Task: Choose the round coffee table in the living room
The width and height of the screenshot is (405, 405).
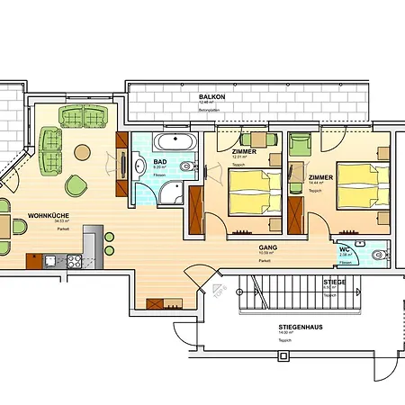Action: pos(82,152)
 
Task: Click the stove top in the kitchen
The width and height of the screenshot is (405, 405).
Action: pos(71,261)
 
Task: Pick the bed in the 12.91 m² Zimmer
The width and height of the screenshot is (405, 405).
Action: pos(255,193)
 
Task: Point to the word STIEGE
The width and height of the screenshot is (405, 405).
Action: pos(335,282)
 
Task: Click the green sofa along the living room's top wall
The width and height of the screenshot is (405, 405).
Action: pos(85,116)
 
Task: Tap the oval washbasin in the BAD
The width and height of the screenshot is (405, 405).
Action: pos(140,165)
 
